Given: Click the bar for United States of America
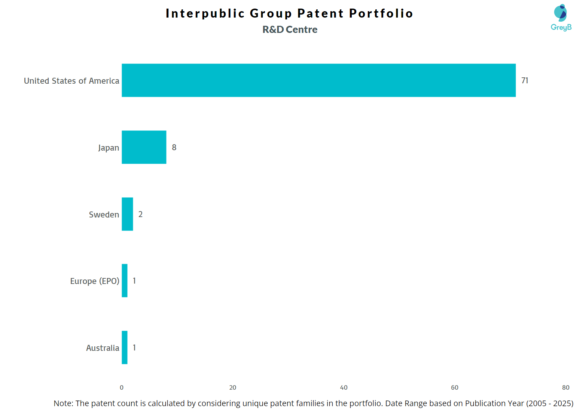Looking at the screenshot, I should tap(318, 80).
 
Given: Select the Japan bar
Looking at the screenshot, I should tap(144, 147).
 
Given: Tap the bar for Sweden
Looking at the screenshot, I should tap(127, 214).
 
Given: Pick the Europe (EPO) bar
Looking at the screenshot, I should tap(125, 281).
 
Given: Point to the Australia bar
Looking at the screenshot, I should tap(125, 347).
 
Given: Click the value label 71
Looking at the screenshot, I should tap(525, 80).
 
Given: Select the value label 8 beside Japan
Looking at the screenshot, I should tap(174, 147).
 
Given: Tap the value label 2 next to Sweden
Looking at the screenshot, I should tap(140, 214).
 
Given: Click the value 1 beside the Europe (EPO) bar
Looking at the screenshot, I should tap(134, 281).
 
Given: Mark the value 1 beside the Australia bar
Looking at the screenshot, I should tap(134, 347).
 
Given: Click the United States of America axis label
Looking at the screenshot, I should tap(71, 81).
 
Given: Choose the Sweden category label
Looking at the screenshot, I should tap(104, 214).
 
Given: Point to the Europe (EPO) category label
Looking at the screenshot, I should tap(95, 281).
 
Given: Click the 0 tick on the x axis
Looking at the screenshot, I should tap(122, 387).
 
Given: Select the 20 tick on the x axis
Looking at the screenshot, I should tap(233, 387).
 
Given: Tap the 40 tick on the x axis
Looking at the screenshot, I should tap(344, 387).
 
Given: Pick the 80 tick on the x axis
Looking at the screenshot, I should tap(566, 387).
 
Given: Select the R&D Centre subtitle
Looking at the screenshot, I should tap(290, 30).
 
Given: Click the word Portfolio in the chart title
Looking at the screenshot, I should tap(381, 13).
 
